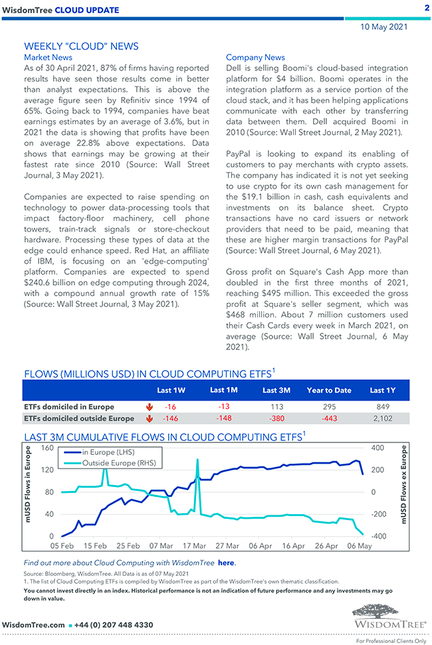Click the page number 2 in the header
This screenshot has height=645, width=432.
tap(425, 7)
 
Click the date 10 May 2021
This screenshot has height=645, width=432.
tap(384, 27)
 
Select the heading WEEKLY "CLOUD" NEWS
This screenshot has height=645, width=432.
tap(81, 46)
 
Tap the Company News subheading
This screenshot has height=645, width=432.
tap(255, 57)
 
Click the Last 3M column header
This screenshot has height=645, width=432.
tap(275, 390)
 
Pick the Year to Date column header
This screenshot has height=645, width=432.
tap(329, 390)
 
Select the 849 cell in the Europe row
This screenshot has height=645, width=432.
tap(383, 407)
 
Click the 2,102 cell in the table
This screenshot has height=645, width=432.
tap(383, 418)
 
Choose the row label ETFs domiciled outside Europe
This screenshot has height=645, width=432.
tap(79, 418)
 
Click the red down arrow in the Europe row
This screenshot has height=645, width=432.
tap(148, 407)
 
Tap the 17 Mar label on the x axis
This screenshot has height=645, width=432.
tap(194, 546)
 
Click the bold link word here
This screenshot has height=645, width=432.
tap(227, 563)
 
